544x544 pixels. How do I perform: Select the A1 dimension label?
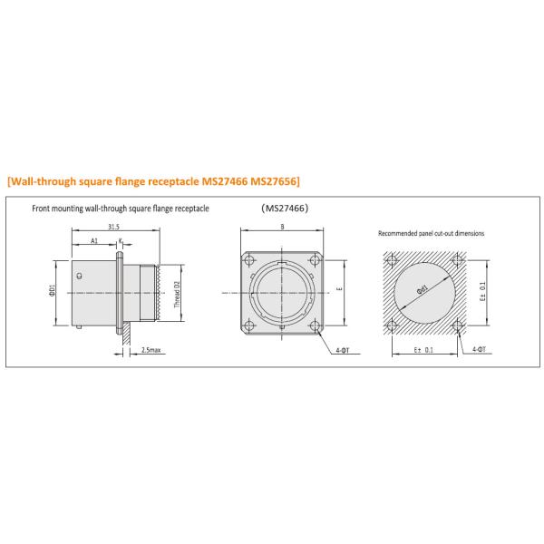(95, 241)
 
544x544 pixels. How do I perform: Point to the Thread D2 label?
(178, 295)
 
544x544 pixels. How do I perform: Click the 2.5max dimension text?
(151, 349)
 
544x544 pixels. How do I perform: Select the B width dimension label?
(283, 228)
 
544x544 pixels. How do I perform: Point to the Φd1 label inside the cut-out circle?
(423, 289)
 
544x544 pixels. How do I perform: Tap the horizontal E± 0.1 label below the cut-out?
(423, 349)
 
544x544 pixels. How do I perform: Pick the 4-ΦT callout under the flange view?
(341, 349)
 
